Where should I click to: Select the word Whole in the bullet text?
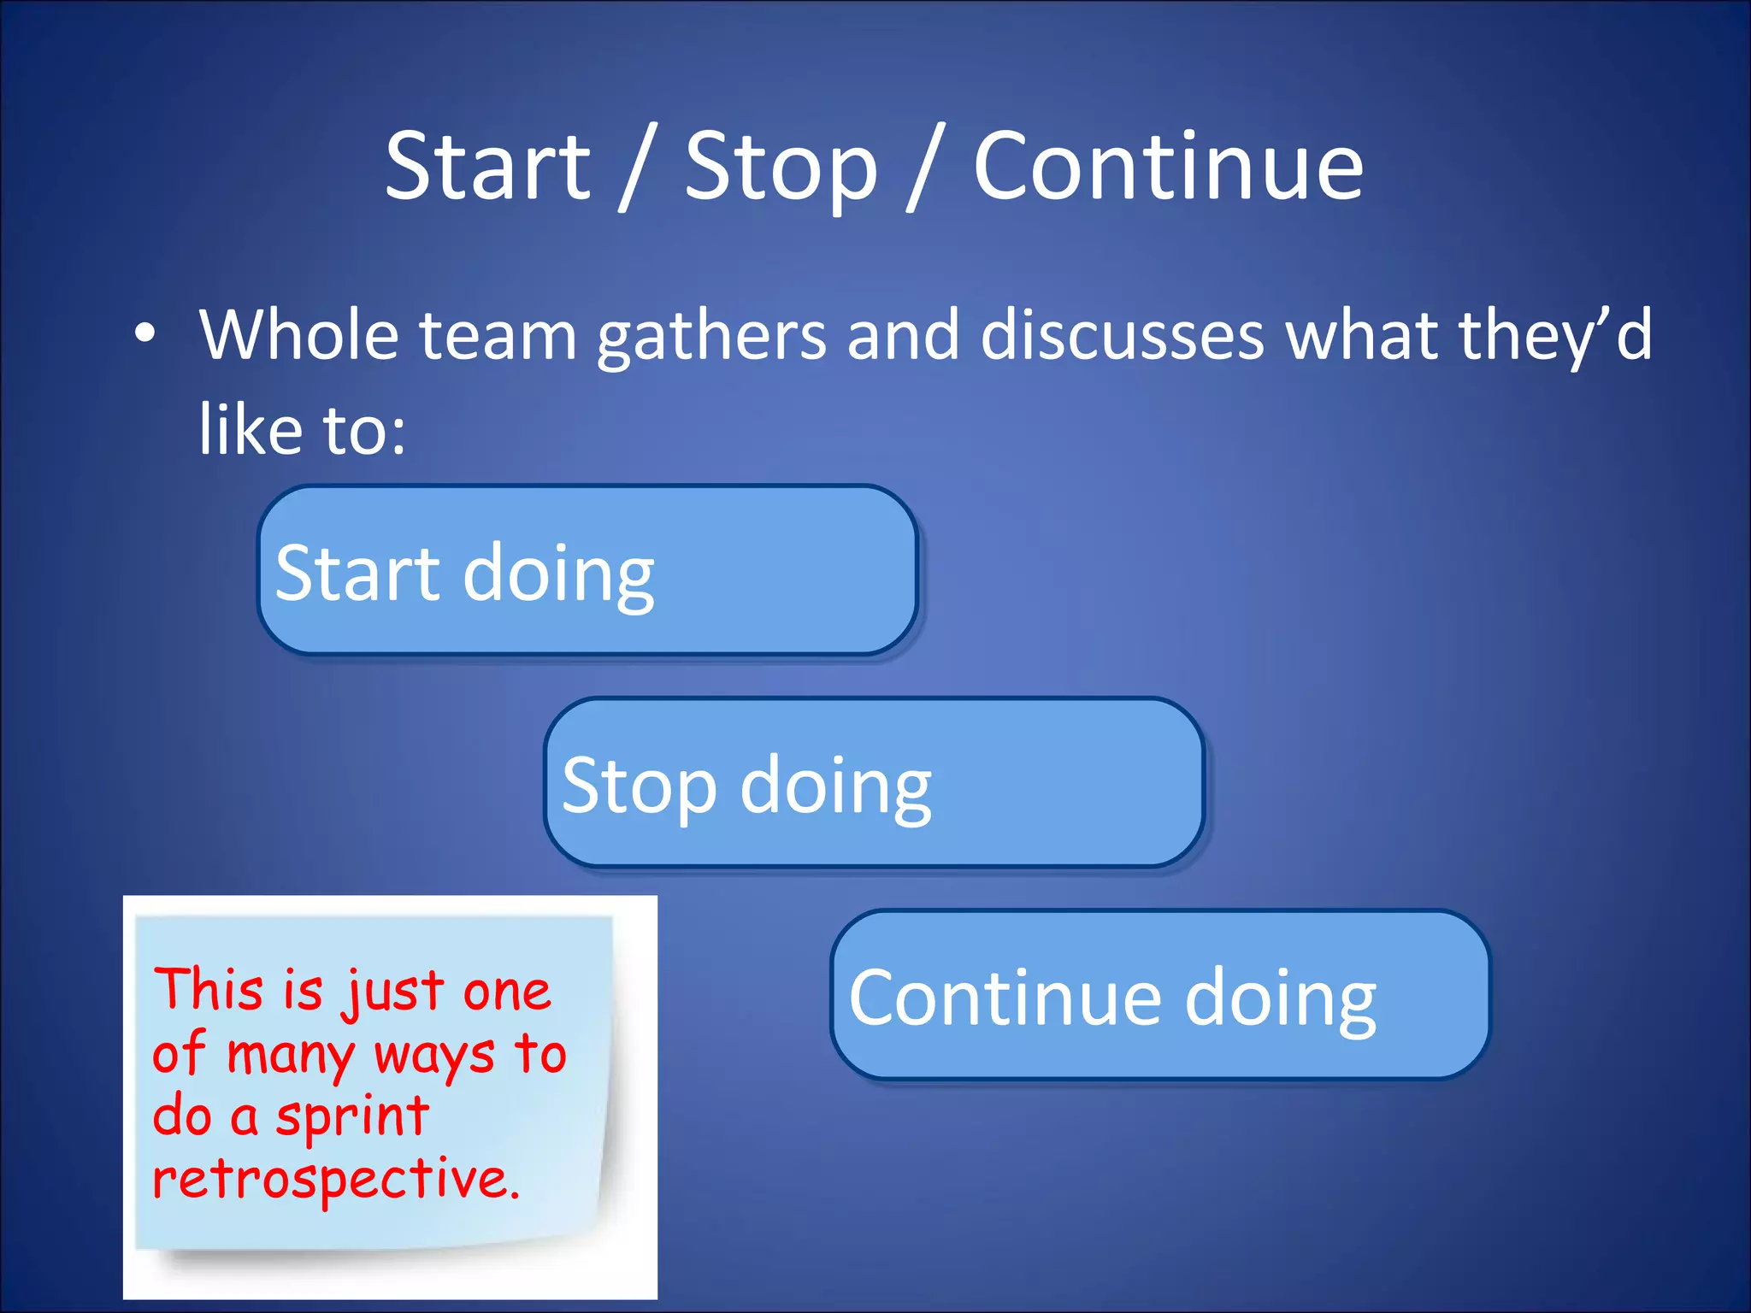pos(298,335)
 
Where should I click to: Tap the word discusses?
pos(1121,335)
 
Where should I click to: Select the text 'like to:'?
pos(302,430)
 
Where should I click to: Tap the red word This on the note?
pos(208,990)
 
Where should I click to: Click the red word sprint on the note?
pos(351,1118)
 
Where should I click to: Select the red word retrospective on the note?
pos(335,1181)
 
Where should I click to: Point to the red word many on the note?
pos(291,1056)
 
